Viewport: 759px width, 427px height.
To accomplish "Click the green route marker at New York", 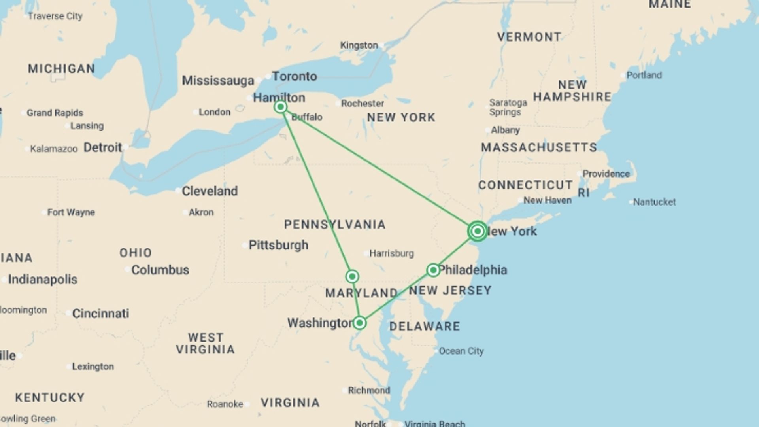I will (478, 231).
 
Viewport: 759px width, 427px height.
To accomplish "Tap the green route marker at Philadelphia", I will (433, 270).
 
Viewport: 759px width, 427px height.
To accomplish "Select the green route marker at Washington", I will (359, 323).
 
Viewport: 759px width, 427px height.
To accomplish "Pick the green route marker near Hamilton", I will (281, 107).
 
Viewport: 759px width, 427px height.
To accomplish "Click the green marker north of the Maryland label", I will (352, 276).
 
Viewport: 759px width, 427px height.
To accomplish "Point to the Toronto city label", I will (295, 76).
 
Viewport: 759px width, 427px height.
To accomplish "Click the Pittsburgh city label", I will (278, 245).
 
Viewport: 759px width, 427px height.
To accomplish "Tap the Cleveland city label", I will (210, 191).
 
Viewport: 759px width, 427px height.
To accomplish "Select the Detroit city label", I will (103, 148).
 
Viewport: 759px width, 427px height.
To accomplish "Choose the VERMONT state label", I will (529, 37).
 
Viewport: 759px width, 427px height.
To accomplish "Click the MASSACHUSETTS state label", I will (539, 147).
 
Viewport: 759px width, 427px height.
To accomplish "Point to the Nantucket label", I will (654, 202).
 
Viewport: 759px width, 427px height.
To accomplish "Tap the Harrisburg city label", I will (391, 253).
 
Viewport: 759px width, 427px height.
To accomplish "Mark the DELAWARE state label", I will (425, 326).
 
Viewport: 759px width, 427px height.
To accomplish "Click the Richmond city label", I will (369, 391).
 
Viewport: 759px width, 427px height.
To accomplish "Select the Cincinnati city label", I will (100, 314).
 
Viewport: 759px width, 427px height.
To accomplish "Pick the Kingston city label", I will (359, 45).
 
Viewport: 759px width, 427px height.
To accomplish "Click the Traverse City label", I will (55, 16).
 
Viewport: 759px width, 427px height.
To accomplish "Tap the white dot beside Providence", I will (580, 174).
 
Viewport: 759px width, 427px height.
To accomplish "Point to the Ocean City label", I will (461, 351).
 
